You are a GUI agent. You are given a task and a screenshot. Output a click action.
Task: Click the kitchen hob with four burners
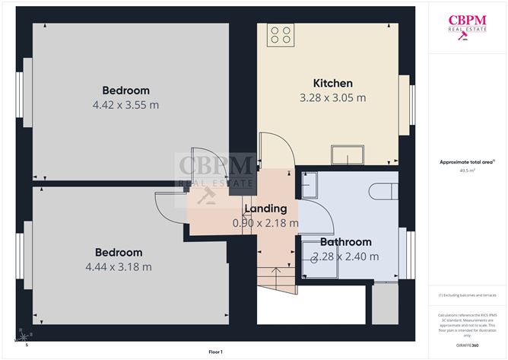click(x=281, y=34)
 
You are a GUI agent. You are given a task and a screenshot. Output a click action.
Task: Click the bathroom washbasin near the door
click(x=309, y=184)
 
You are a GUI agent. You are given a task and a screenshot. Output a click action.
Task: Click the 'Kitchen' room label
click(x=333, y=83)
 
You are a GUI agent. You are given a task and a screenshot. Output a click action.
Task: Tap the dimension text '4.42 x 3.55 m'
click(x=125, y=104)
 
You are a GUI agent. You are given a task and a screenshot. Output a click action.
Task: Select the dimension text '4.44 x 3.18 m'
click(x=118, y=266)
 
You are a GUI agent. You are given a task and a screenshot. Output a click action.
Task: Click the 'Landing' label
click(x=265, y=208)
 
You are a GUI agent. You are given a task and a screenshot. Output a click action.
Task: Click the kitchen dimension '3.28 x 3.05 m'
click(x=333, y=97)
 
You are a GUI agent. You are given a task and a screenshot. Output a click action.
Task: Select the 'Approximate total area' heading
click(x=466, y=161)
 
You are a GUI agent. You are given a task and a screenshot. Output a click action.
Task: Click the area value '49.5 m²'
click(x=466, y=170)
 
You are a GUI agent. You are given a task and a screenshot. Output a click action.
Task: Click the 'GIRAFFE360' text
click(x=466, y=345)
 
